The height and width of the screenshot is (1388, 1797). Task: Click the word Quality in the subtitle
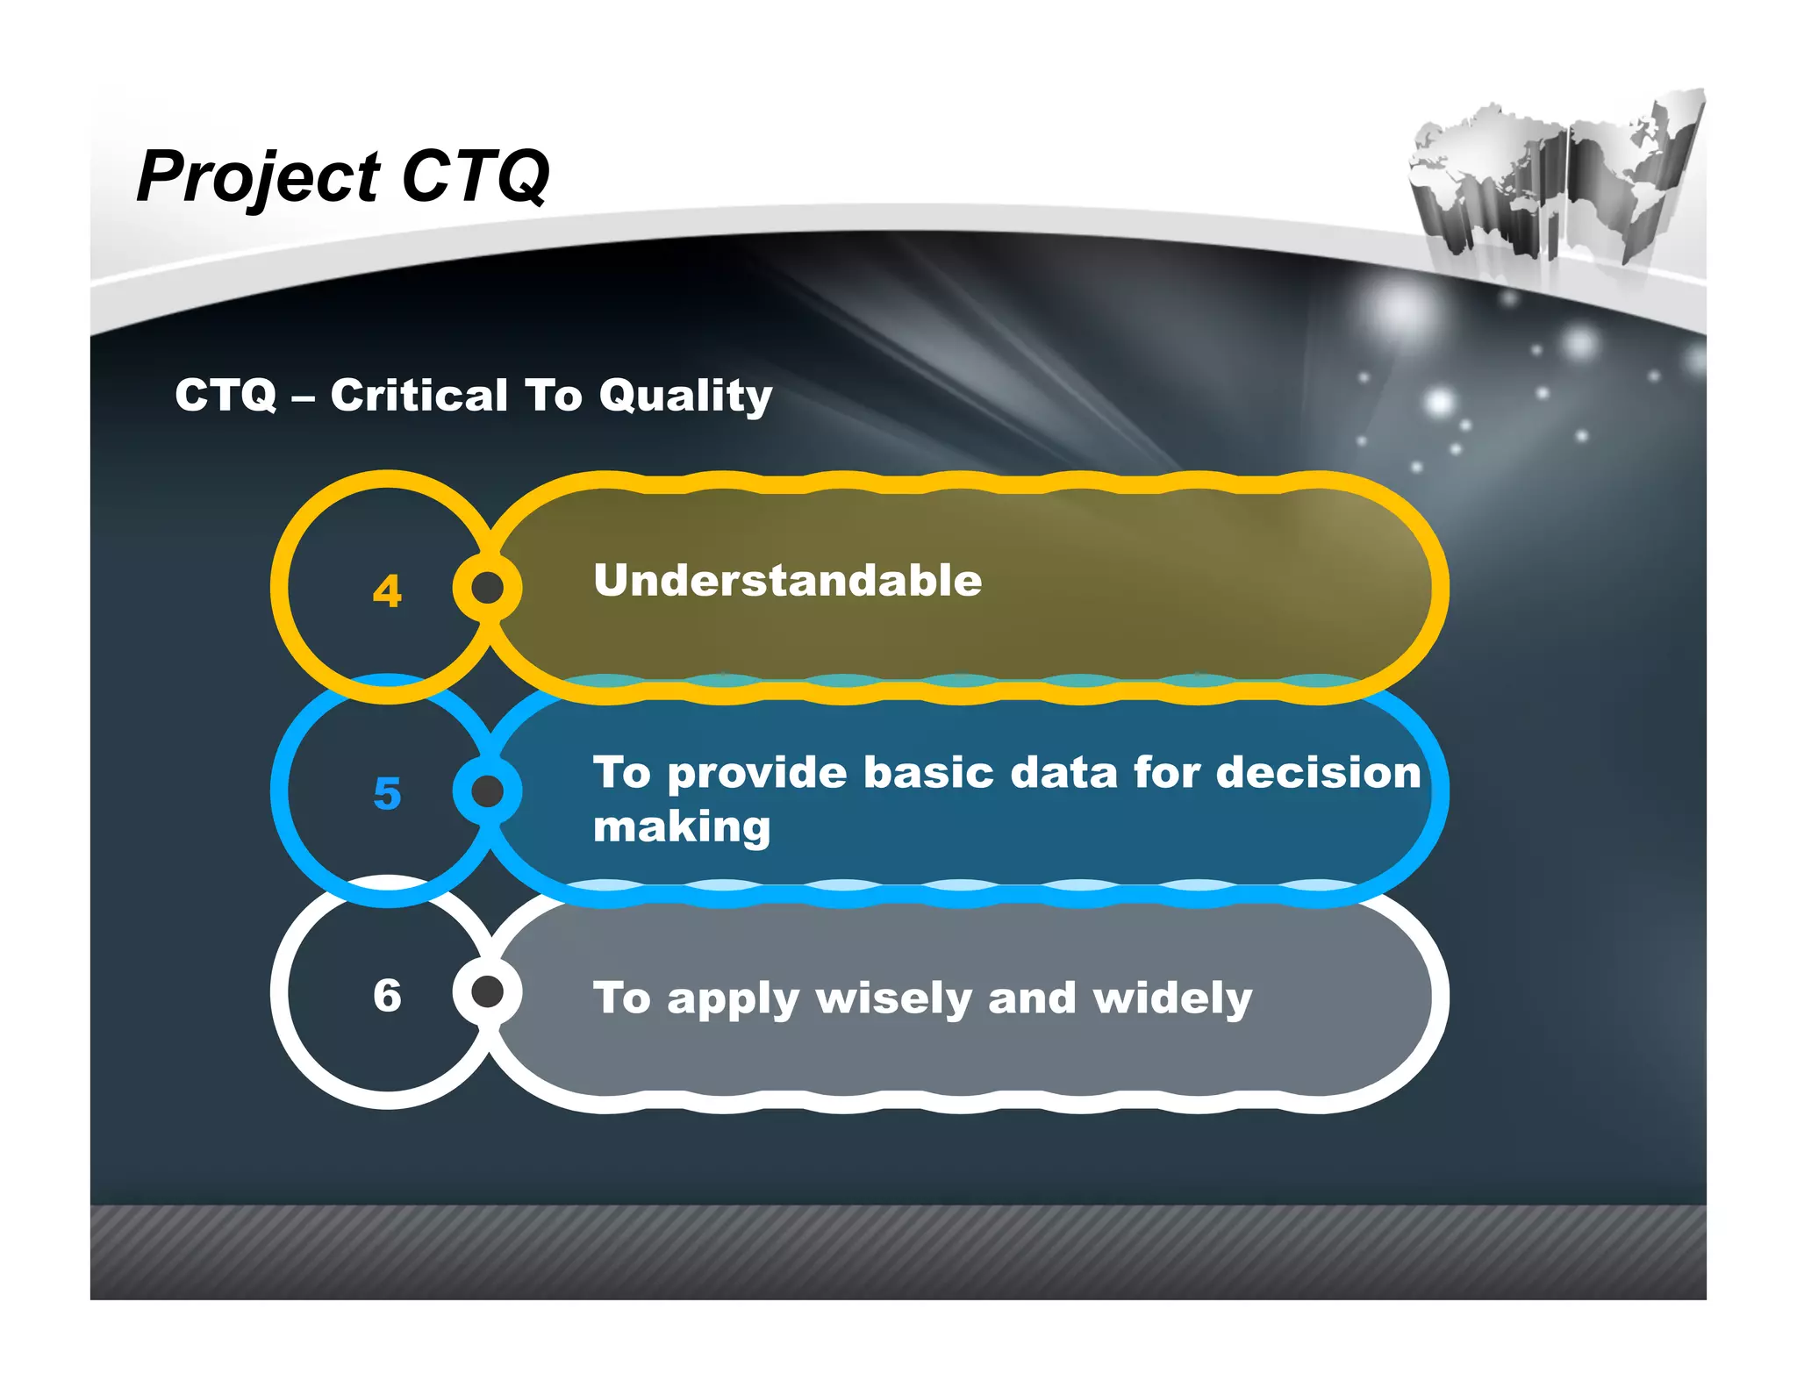(685, 397)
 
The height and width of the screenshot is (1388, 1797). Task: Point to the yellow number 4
(387, 590)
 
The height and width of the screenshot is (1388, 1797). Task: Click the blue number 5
(387, 793)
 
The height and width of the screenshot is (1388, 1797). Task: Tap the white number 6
(387, 996)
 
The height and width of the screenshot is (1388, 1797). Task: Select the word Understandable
(787, 581)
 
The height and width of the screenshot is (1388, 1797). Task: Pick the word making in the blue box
(682, 828)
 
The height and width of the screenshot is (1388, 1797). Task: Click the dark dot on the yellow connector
(488, 588)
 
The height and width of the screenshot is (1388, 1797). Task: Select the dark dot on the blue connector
(488, 791)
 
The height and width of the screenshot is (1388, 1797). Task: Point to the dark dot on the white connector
(488, 992)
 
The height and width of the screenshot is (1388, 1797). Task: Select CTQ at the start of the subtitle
(226, 395)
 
